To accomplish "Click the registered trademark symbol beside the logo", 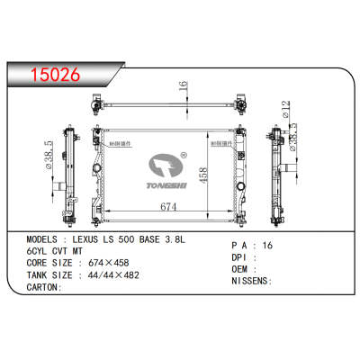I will [183, 155].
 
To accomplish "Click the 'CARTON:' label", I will [40, 288].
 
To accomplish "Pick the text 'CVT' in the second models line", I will [62, 253].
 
